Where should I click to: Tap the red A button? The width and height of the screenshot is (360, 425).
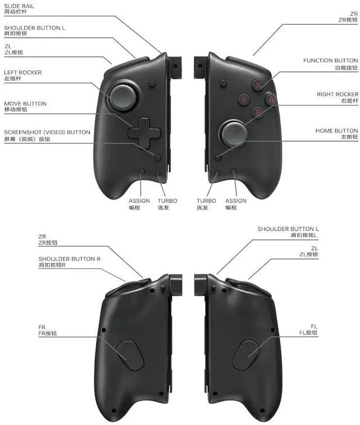[271, 100]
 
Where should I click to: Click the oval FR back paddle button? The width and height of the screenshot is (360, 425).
[129, 354]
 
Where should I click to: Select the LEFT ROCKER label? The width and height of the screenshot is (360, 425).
[23, 73]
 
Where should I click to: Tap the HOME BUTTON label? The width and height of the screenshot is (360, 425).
[336, 130]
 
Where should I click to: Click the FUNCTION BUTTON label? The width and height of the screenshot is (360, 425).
[330, 60]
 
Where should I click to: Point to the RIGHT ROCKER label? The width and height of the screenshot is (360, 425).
[337, 94]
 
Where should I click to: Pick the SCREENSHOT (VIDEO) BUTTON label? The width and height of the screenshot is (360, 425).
[47, 132]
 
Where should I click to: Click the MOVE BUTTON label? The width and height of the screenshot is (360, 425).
[25, 103]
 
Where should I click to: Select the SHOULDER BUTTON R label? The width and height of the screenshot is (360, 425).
[70, 259]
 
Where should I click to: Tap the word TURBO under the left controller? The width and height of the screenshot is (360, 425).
[167, 201]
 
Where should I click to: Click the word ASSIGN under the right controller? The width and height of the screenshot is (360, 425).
[236, 201]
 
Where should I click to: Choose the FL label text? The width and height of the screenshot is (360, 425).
[314, 326]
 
